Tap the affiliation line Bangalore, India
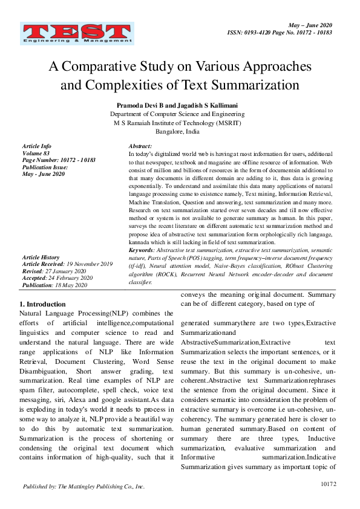coord(177,131)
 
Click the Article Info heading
coord(36,147)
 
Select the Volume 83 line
coord(35,154)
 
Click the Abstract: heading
coord(140,147)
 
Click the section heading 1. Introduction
coord(42,304)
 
